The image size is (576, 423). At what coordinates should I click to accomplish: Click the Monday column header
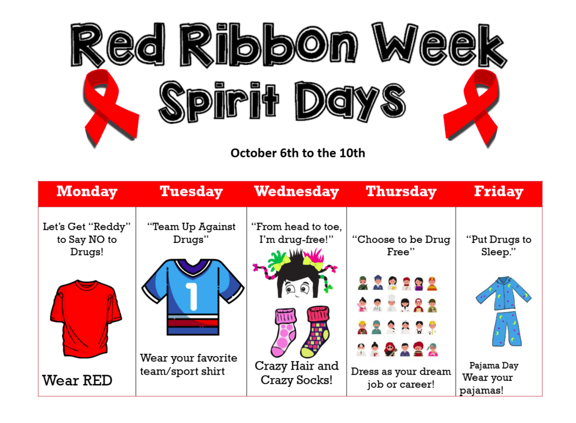(87, 192)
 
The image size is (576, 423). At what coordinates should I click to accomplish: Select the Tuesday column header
(191, 192)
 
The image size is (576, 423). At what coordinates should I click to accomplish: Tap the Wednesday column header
(296, 192)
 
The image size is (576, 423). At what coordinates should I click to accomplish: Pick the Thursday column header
(401, 192)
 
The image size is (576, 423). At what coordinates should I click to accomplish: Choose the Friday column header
(498, 192)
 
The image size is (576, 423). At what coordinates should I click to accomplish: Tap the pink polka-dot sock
(284, 332)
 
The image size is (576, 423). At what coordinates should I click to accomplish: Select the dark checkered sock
(316, 332)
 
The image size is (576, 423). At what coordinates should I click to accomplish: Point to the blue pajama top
(503, 293)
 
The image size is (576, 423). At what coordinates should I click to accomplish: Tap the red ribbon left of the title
(109, 107)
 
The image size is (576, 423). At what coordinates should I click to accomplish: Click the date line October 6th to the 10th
(298, 153)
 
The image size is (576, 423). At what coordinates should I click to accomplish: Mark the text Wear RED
(77, 381)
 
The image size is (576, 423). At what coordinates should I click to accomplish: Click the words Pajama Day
(494, 366)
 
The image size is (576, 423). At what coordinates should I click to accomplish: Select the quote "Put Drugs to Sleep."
(498, 245)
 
